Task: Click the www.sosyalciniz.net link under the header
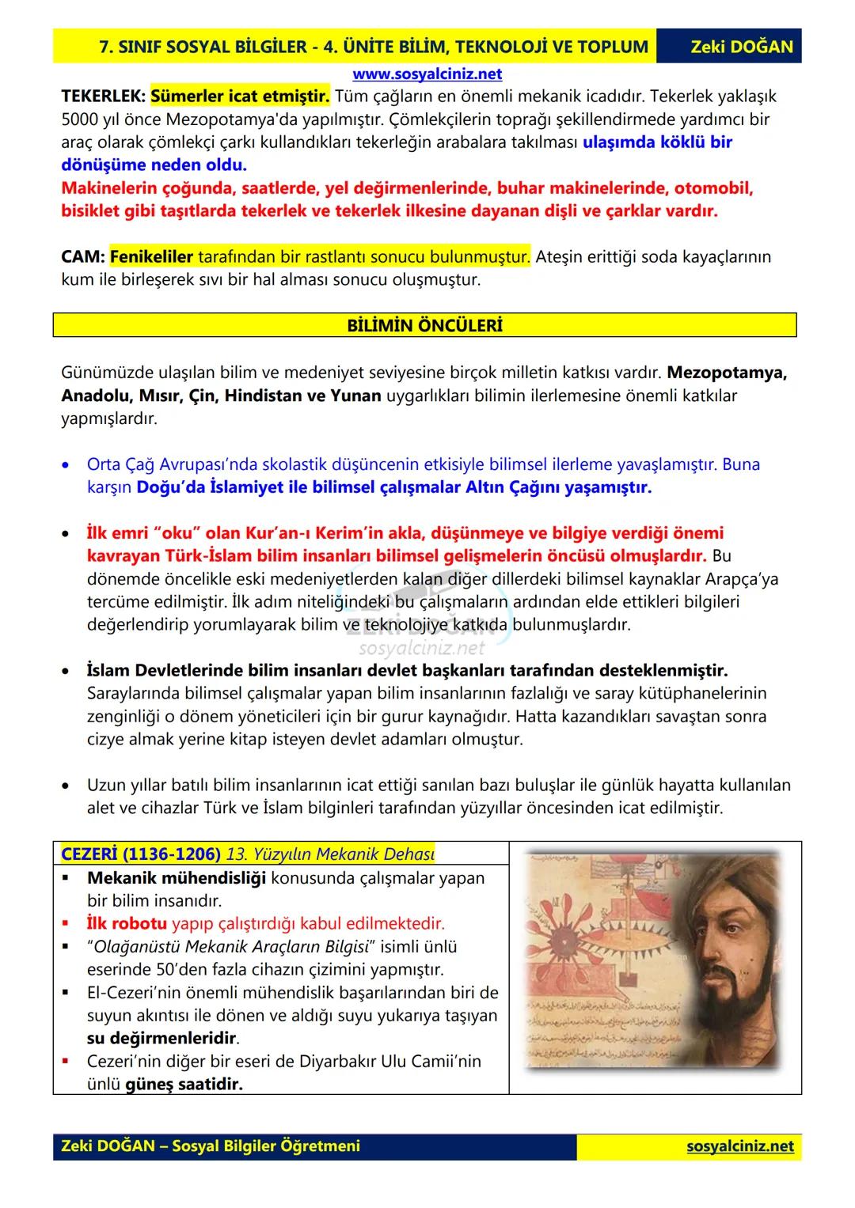click(427, 74)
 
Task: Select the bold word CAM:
click(82, 257)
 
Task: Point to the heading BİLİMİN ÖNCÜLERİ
click(424, 325)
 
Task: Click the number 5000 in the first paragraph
click(80, 120)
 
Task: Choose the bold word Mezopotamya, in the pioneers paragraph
click(727, 373)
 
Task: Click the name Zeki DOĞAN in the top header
click(741, 47)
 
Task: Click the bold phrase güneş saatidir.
click(184, 1084)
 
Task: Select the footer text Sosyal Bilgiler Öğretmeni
click(265, 1146)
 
